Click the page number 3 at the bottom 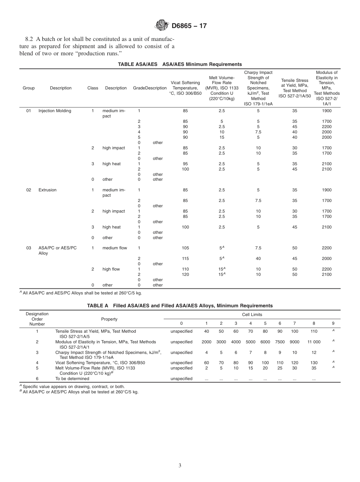coord(180,466)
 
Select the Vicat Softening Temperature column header coord(185,88)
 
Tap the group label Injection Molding coord(55,111)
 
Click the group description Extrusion coord(47,190)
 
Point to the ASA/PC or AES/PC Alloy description coord(57,250)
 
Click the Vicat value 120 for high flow coord(185,275)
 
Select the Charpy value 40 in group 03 coord(258,259)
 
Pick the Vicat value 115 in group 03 coord(185,259)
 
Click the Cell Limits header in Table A coord(252,315)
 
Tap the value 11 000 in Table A coord(314,342)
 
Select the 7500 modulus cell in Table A coord(280,342)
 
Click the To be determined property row coord(72,379)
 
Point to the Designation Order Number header coord(37,319)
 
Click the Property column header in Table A coord(109,319)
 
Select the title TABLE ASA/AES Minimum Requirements coord(180,64)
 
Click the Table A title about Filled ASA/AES coord(180,306)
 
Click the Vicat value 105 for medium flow coord(185,248)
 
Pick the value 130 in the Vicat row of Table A coord(314,363)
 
